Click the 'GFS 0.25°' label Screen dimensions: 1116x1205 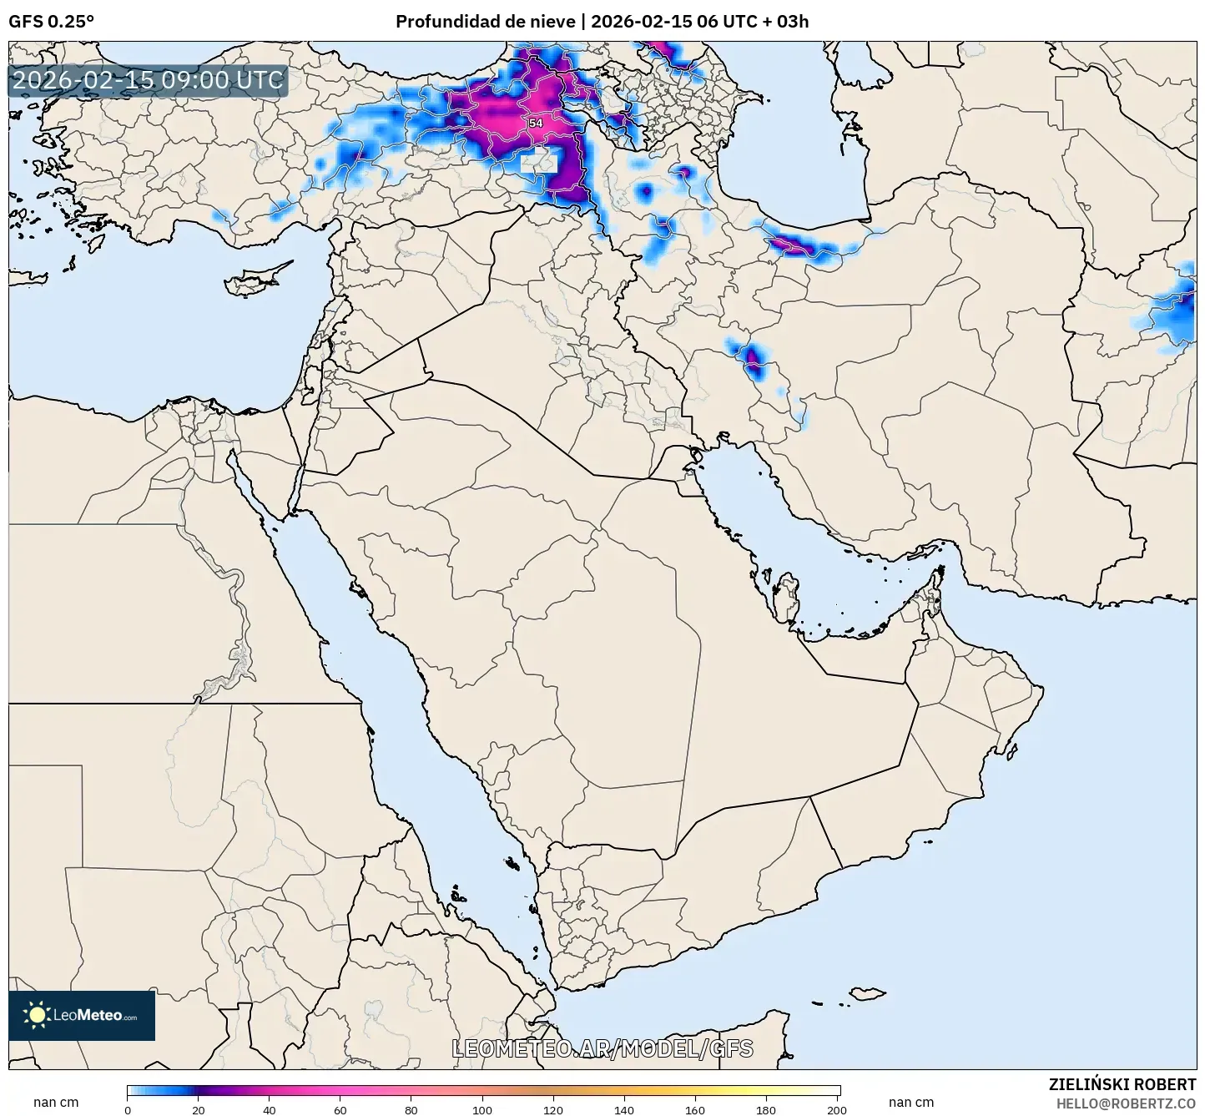[x=51, y=21]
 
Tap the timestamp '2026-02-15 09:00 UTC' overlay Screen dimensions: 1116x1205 [x=149, y=80]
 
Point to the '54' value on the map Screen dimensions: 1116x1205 [x=536, y=123]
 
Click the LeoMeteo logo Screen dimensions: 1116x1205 [x=82, y=1015]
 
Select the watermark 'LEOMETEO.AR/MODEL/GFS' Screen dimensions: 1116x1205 [x=602, y=1048]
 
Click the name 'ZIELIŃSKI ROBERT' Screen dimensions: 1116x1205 [x=1122, y=1084]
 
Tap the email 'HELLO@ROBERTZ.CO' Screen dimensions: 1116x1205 [x=1126, y=1103]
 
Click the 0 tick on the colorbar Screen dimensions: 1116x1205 [x=128, y=1109]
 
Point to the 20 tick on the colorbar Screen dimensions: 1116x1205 [x=199, y=1109]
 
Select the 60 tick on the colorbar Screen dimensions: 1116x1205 [x=340, y=1109]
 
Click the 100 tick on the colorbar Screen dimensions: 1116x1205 [x=482, y=1109]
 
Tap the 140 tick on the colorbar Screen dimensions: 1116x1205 [x=624, y=1109]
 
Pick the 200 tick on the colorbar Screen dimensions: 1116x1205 [x=837, y=1109]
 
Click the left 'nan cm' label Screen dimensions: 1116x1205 [x=56, y=1103]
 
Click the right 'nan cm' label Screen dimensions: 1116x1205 [x=911, y=1103]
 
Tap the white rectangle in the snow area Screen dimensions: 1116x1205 [x=539, y=163]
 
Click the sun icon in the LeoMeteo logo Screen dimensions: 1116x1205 [x=37, y=1015]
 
